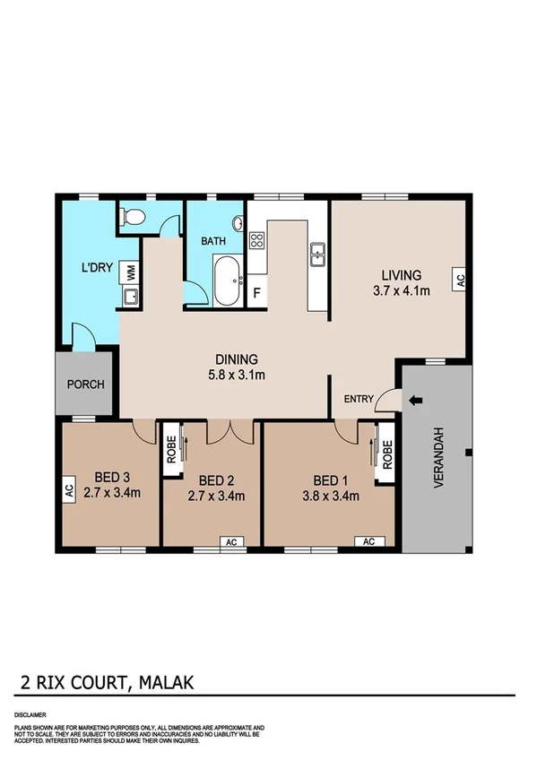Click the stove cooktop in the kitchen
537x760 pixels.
pyautogui.click(x=256, y=240)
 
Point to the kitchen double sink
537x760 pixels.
pyautogui.click(x=316, y=254)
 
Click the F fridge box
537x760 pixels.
pyautogui.click(x=256, y=292)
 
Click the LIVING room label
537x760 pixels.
pyautogui.click(x=401, y=274)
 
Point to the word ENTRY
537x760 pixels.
pyautogui.click(x=359, y=400)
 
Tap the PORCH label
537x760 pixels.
pyautogui.click(x=86, y=384)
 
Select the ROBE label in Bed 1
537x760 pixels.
pyautogui.click(x=387, y=456)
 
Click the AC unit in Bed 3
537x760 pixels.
pyautogui.click(x=68, y=490)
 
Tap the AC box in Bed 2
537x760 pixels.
pyautogui.click(x=230, y=541)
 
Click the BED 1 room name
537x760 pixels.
pyautogui.click(x=328, y=479)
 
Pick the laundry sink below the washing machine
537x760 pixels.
pyautogui.click(x=129, y=296)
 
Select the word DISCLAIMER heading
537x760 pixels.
pyautogui.click(x=30, y=715)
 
